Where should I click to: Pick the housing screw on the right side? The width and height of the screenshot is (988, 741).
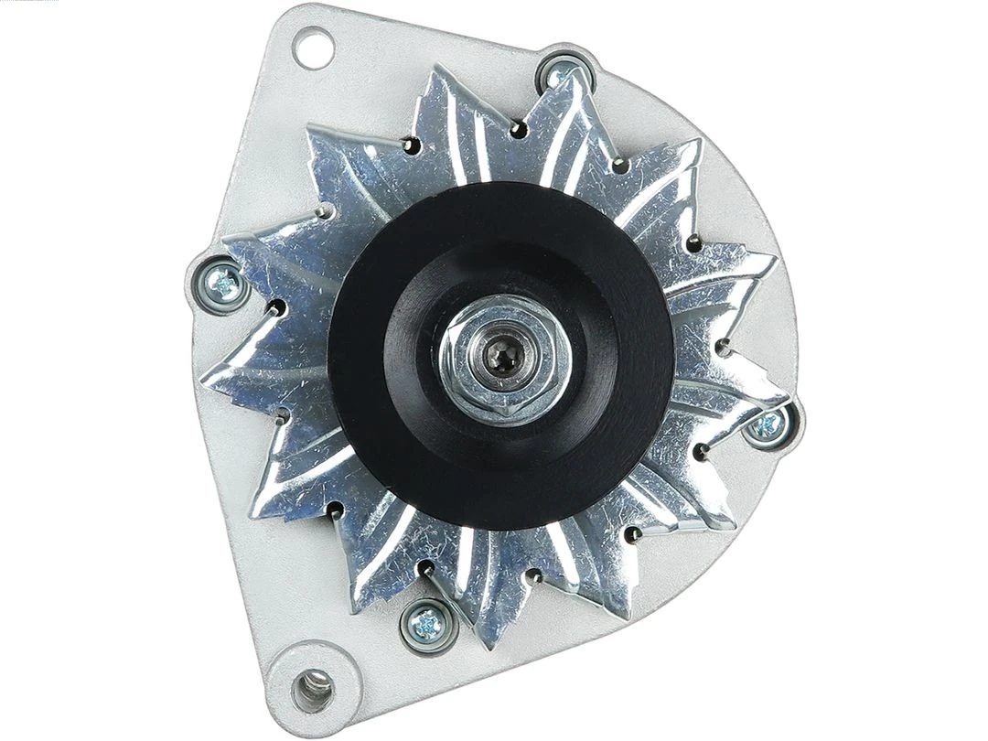770,424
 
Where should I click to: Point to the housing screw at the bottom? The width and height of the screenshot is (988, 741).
424,624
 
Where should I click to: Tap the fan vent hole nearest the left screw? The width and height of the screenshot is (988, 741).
275,308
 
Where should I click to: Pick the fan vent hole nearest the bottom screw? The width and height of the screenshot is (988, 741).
427,569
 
